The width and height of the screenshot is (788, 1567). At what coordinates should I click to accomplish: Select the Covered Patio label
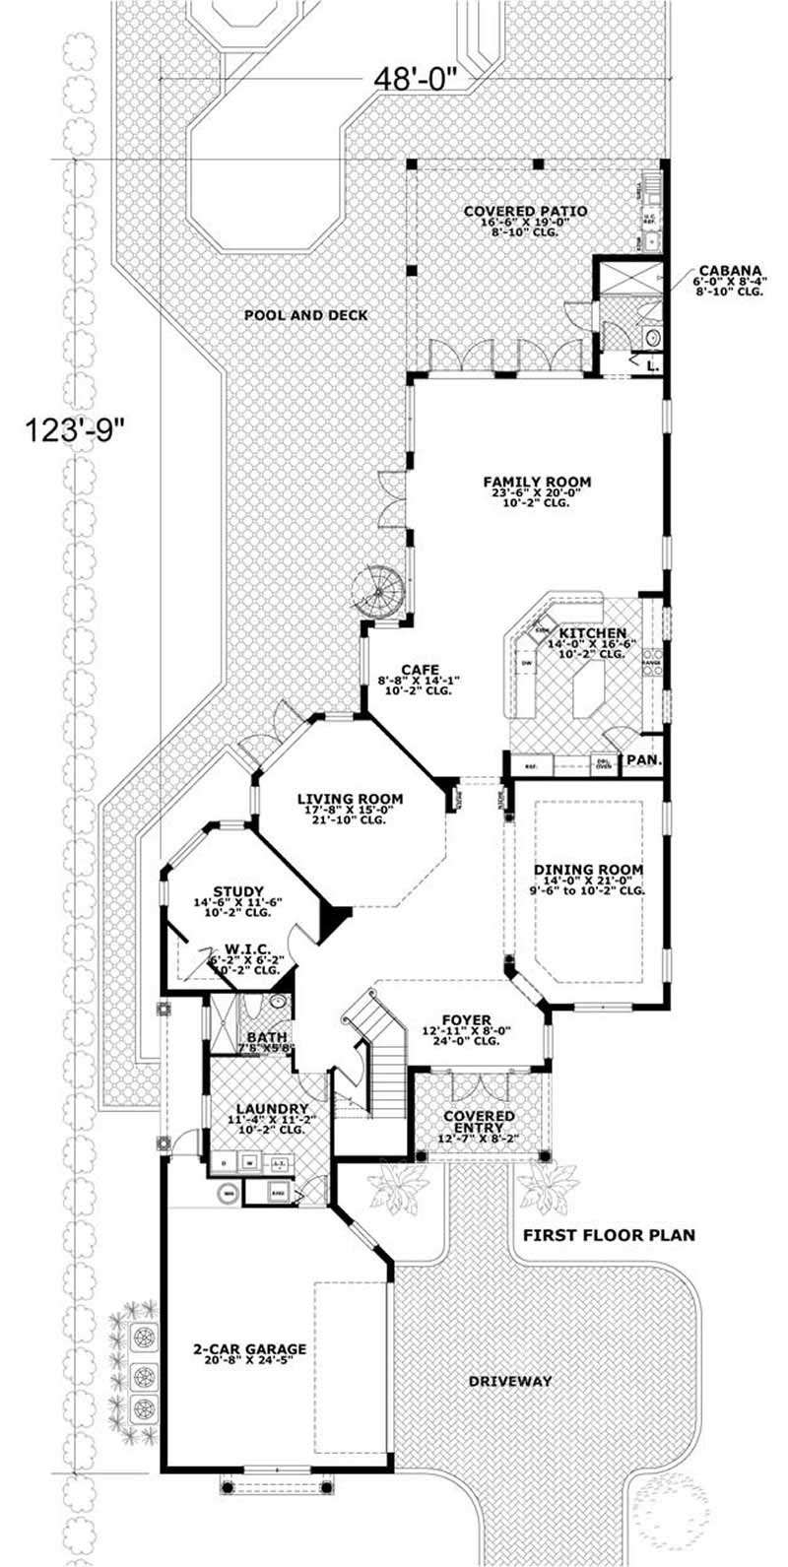pos(525,211)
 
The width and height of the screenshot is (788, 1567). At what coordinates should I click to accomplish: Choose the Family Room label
pos(537,482)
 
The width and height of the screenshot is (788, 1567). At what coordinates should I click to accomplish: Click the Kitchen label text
pos(592,632)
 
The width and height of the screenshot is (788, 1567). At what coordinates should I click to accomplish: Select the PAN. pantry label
pos(643,760)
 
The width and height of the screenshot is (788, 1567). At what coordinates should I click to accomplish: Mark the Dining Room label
pos(588,870)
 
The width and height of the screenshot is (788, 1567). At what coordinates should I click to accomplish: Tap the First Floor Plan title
pos(609,1234)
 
